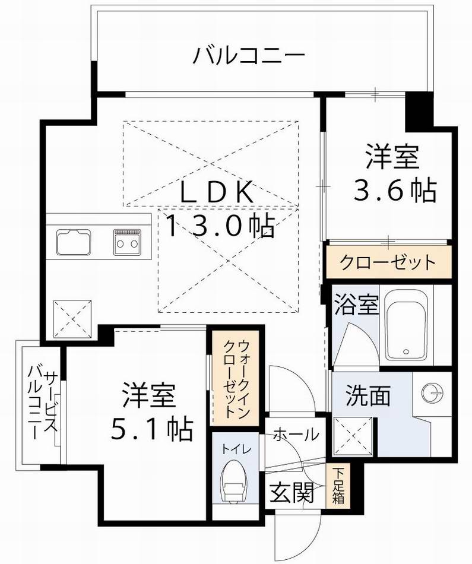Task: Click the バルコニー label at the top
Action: (x=249, y=56)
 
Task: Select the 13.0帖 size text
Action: (x=219, y=226)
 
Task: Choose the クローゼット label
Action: (x=388, y=262)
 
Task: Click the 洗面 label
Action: (x=368, y=395)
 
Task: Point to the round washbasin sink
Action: (x=432, y=392)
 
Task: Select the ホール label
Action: (x=296, y=435)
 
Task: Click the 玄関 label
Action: (x=292, y=492)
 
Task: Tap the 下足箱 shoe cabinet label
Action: (x=338, y=486)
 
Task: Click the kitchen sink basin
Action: (x=74, y=242)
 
